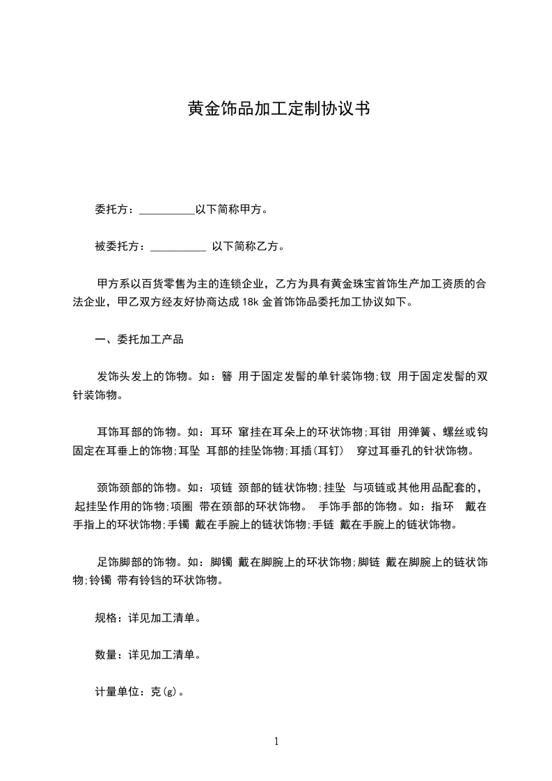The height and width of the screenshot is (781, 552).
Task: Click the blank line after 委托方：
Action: click(x=167, y=209)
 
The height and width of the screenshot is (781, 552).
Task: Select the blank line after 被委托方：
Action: click(x=178, y=246)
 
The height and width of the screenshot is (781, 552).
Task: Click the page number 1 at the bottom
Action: click(x=276, y=741)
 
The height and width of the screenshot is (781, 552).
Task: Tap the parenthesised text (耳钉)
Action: click(x=326, y=450)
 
